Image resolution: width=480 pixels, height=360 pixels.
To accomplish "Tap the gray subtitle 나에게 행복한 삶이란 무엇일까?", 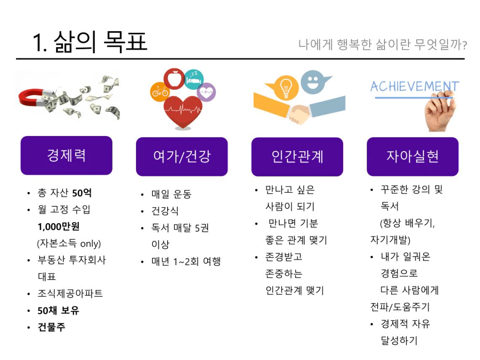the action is [x=383, y=44].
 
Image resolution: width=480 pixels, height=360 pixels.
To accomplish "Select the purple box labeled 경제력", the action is [x=67, y=155].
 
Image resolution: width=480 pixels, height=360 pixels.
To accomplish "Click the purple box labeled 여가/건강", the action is [x=182, y=157].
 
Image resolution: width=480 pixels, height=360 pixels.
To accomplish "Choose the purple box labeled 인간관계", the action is [x=297, y=157].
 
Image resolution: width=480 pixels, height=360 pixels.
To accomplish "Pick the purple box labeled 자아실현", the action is [x=413, y=157].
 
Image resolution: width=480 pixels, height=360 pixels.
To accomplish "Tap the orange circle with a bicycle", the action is [x=160, y=91].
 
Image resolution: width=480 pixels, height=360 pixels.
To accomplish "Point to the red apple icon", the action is [x=174, y=79].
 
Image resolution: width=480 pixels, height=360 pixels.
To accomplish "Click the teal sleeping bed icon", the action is [x=194, y=80].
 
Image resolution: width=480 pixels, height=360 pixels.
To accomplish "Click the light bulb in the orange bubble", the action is [x=286, y=88].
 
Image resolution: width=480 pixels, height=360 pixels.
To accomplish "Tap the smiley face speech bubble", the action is [x=313, y=82].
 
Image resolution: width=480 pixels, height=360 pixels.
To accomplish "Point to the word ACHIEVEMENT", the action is [x=415, y=86].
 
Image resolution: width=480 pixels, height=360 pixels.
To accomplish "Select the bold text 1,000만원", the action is [x=59, y=227].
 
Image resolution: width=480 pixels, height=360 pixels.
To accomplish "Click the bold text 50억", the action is [x=82, y=193].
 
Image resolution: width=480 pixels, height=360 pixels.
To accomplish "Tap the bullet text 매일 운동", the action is [x=171, y=194].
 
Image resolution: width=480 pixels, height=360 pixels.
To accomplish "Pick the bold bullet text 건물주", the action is [x=51, y=327].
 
